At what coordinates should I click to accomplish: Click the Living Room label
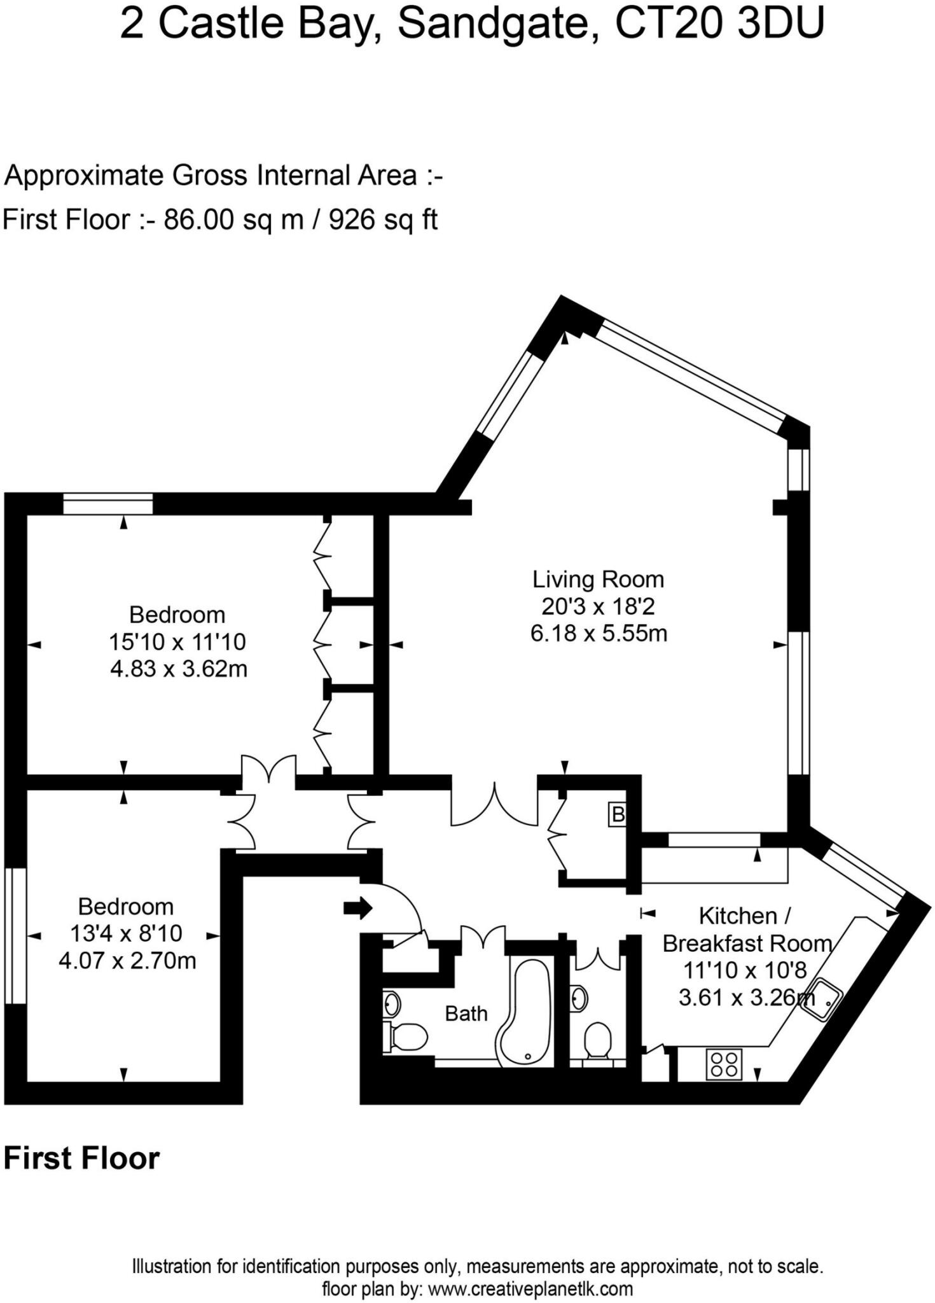[x=598, y=579]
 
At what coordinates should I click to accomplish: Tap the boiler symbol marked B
[x=618, y=814]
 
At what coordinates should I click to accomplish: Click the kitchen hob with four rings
[x=724, y=1064]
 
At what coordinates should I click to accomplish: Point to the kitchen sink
[x=826, y=1000]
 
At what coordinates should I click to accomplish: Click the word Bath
[x=466, y=1014]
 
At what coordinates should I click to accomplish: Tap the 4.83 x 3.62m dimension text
[x=178, y=669]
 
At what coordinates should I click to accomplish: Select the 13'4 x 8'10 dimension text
[x=126, y=933]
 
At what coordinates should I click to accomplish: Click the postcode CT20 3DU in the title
[x=719, y=24]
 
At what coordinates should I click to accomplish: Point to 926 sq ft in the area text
[x=383, y=220]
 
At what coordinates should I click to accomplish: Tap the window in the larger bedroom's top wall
[x=108, y=504]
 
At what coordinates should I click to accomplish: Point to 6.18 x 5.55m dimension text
[x=598, y=634]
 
